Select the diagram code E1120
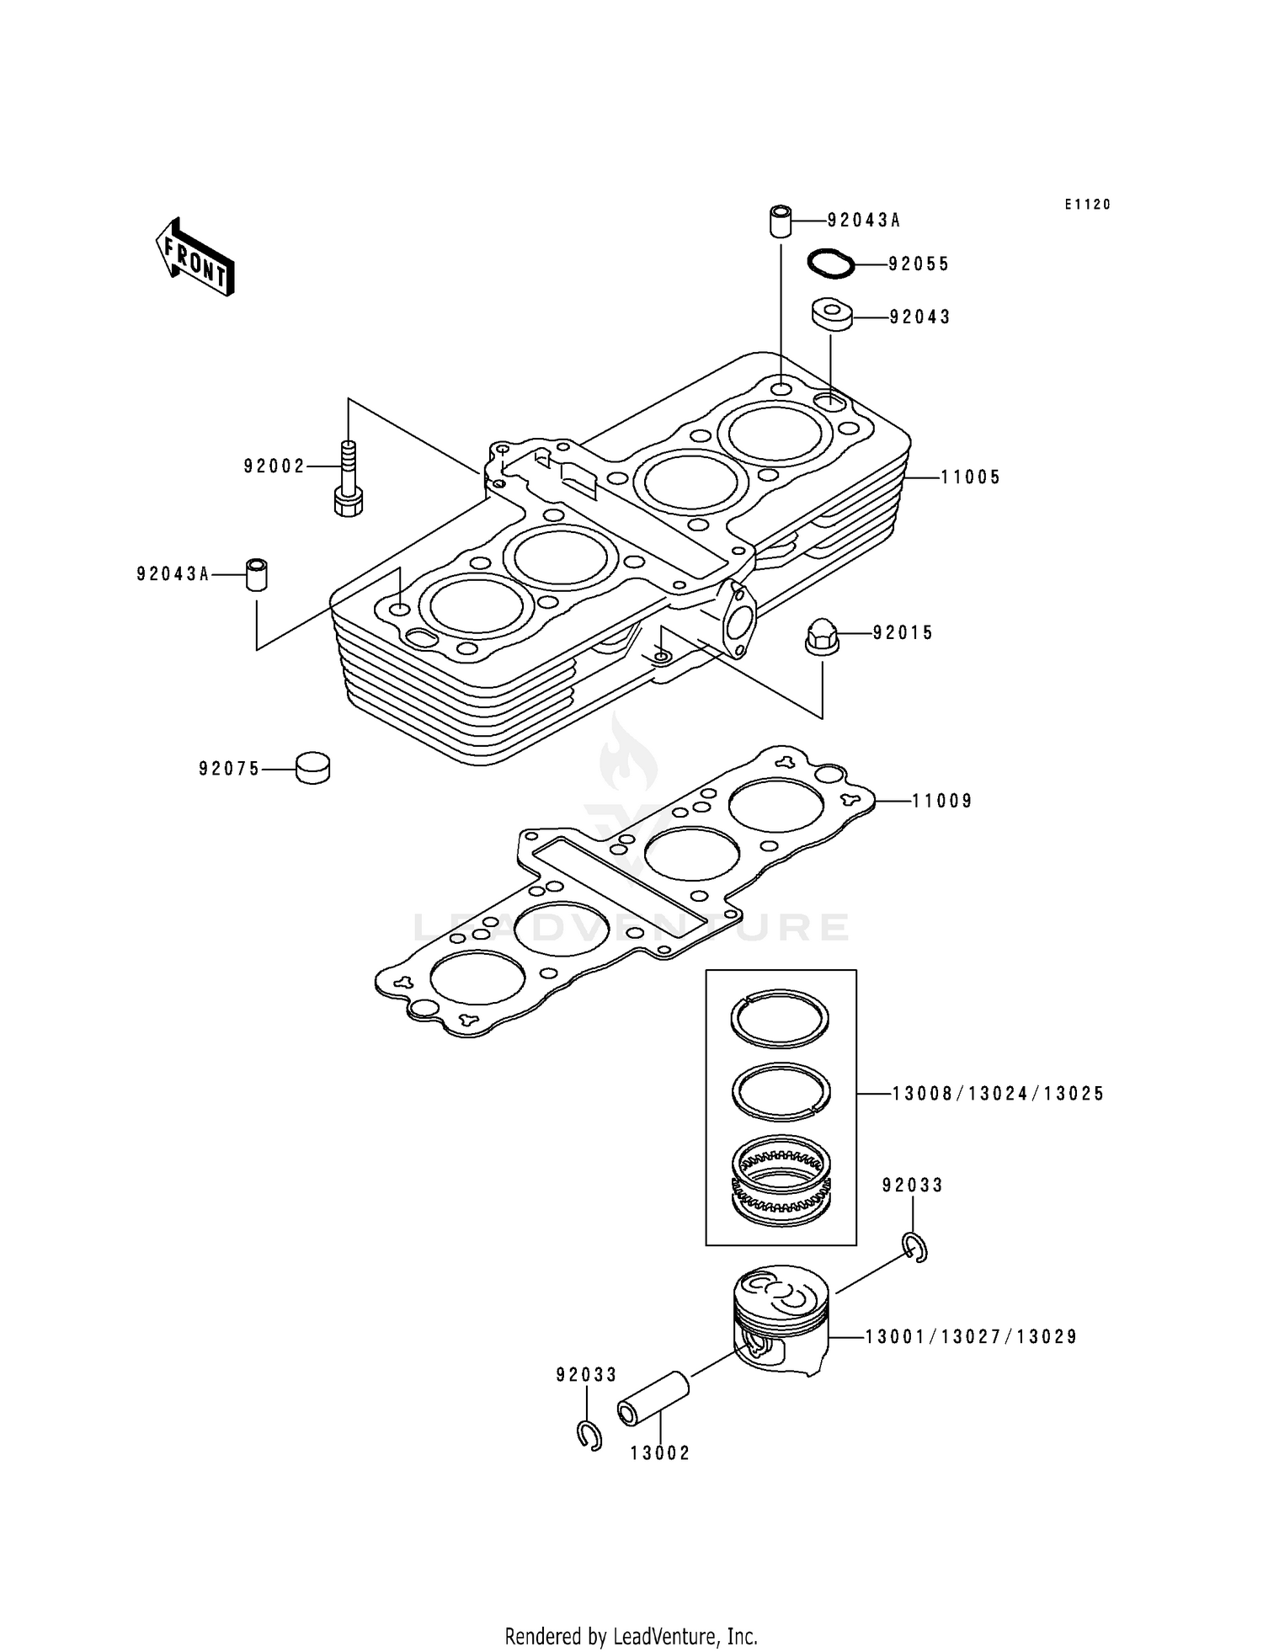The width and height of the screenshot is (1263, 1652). point(1087,205)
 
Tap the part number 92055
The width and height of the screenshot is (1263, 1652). point(919,264)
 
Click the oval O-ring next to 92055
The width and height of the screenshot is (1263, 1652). point(830,263)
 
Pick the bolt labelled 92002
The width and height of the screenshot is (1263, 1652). point(349,479)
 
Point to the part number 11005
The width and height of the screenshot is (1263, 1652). point(970,477)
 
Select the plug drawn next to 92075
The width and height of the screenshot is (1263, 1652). point(312,768)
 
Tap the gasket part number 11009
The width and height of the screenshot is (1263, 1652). point(942,801)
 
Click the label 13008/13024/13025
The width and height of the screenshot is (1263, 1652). point(998,1094)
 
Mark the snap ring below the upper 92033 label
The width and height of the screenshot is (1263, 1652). point(915,1247)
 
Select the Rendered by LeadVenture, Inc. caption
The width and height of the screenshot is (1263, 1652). point(631,1636)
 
